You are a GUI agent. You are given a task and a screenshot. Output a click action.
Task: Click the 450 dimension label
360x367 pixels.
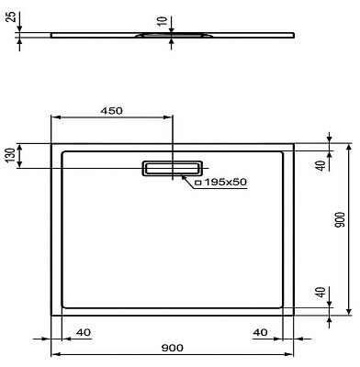[x=111, y=110]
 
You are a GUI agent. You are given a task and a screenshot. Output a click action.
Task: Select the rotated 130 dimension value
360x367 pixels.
[x=10, y=156]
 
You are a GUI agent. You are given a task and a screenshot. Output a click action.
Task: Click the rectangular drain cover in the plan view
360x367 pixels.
[x=172, y=167]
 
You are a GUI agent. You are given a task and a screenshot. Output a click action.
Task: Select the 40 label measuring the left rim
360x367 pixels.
[x=83, y=331]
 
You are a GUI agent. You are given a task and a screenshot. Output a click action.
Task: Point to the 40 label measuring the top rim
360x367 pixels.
[x=320, y=166]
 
